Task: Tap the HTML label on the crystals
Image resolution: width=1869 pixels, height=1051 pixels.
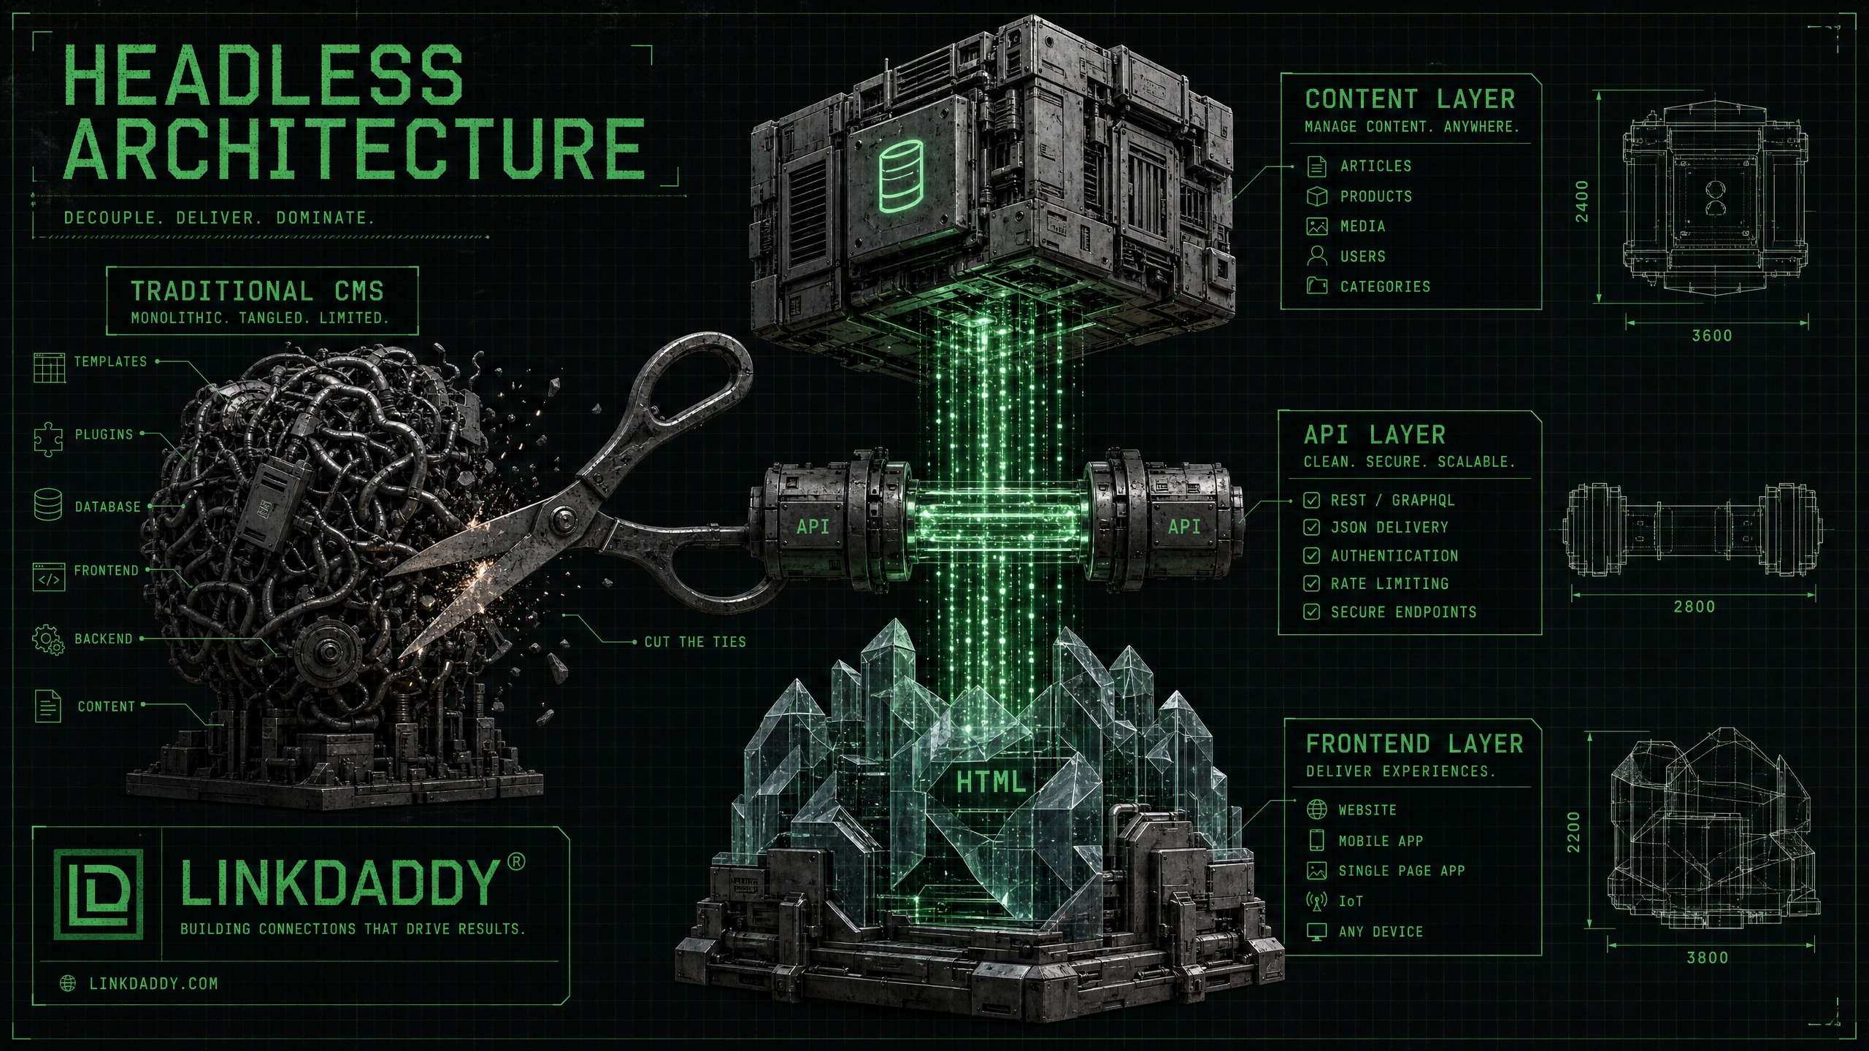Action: point(991,782)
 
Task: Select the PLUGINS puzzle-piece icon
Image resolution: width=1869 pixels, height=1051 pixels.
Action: point(48,439)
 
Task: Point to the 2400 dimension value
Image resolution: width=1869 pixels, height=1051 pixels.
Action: point(1581,201)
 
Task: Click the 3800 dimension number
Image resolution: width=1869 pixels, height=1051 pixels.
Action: point(1707,957)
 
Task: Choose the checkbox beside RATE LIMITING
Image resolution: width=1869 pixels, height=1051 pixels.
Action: point(1311,583)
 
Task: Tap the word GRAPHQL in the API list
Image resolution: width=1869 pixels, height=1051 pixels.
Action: point(1423,500)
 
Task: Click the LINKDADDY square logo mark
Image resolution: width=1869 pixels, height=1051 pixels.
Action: point(98,894)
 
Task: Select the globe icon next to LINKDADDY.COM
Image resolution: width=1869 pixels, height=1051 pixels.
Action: point(68,983)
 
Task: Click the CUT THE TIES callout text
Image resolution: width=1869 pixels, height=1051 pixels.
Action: point(695,642)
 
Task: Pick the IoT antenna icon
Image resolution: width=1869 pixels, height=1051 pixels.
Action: point(1316,901)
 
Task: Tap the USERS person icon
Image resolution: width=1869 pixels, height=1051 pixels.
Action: point(1316,255)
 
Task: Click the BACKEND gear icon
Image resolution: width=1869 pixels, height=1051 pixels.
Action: point(48,639)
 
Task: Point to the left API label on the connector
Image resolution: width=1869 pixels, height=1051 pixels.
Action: point(813,526)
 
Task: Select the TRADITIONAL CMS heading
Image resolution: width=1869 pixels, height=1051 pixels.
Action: point(257,291)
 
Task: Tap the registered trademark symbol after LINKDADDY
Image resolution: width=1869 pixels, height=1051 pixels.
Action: point(515,862)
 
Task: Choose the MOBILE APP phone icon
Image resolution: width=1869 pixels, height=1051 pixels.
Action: point(1316,840)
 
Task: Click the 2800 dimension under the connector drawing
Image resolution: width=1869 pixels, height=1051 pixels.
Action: point(1694,606)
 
